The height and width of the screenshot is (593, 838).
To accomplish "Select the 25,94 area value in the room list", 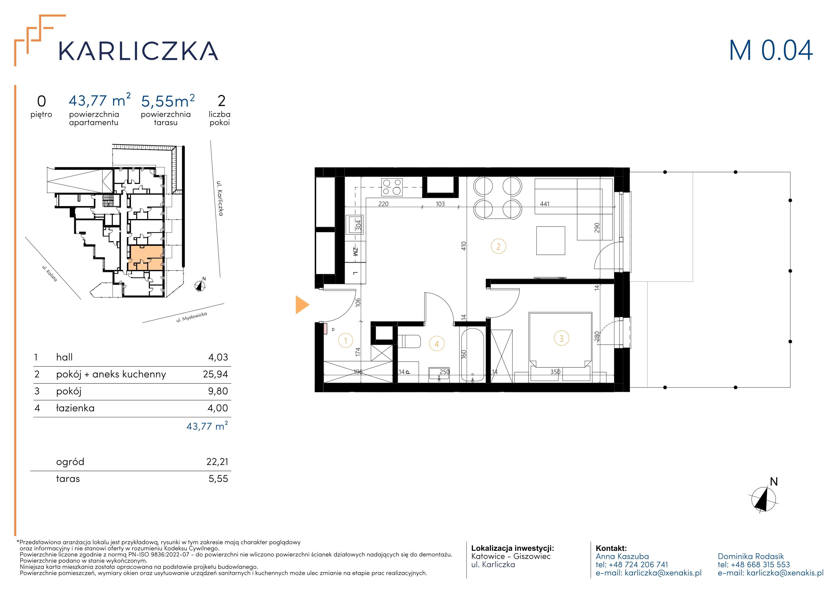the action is tap(215, 374).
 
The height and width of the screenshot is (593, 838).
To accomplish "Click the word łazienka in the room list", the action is tap(75, 408).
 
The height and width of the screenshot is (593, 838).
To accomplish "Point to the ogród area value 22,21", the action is tap(217, 462).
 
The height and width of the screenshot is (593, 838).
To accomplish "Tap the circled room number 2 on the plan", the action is tap(498, 247).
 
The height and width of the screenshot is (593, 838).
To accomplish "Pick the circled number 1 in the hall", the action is tap(345, 341).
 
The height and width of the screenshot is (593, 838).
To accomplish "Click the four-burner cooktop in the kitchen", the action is tap(392, 187).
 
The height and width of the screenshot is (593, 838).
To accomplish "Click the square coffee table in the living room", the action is tap(550, 240).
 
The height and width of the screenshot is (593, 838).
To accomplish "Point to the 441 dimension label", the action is tap(545, 204).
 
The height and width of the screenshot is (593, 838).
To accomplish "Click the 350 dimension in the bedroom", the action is tap(555, 372).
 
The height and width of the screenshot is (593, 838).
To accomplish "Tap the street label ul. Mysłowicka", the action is tap(192, 317).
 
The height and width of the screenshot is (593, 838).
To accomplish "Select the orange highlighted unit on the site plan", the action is tap(145, 258).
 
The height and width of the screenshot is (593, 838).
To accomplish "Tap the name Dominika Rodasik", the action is tap(751, 556).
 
